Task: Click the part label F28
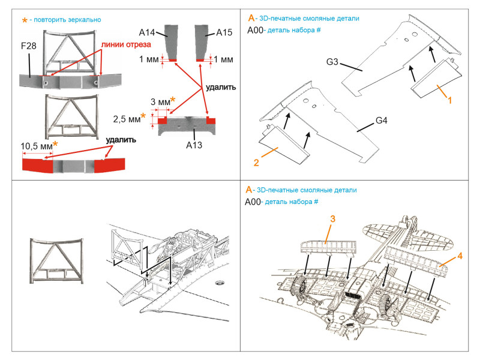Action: (x=28, y=46)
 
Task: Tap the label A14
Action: (x=146, y=32)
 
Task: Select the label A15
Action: (x=224, y=32)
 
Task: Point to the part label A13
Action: (x=194, y=145)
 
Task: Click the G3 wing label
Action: (x=332, y=62)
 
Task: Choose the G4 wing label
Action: (x=382, y=121)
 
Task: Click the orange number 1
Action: (x=449, y=100)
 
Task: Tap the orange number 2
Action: (x=256, y=162)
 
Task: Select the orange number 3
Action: (x=333, y=218)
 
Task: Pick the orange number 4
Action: (x=460, y=256)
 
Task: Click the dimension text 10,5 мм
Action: (x=37, y=146)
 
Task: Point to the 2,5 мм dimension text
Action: (x=127, y=119)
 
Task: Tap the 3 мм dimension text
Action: (x=160, y=102)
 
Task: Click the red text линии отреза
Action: (x=126, y=44)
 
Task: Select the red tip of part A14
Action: (x=173, y=61)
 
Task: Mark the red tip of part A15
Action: (x=200, y=61)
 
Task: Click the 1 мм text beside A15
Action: (x=223, y=59)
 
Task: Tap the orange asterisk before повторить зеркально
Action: (x=25, y=20)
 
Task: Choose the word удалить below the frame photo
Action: (x=121, y=140)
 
